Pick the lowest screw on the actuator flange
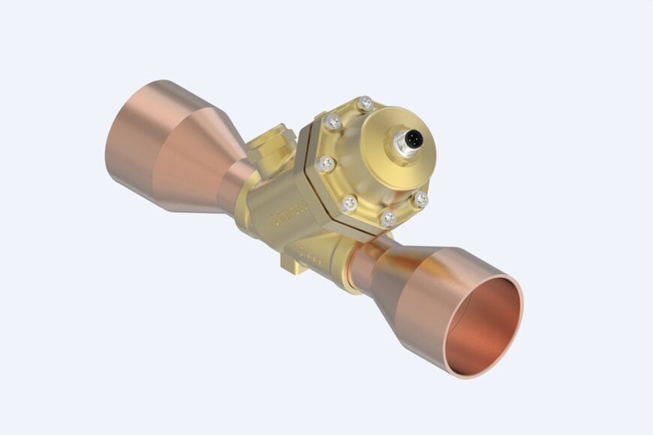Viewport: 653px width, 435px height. click(x=388, y=219)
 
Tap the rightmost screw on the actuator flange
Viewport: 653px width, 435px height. click(x=421, y=200)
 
